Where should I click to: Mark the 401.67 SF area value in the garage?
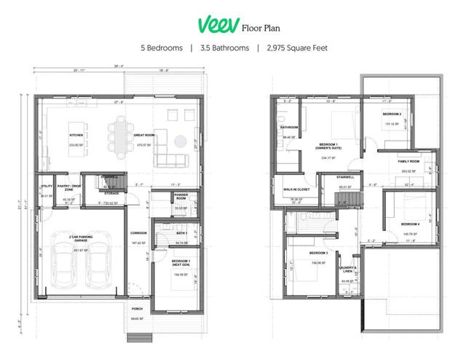(80, 250)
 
